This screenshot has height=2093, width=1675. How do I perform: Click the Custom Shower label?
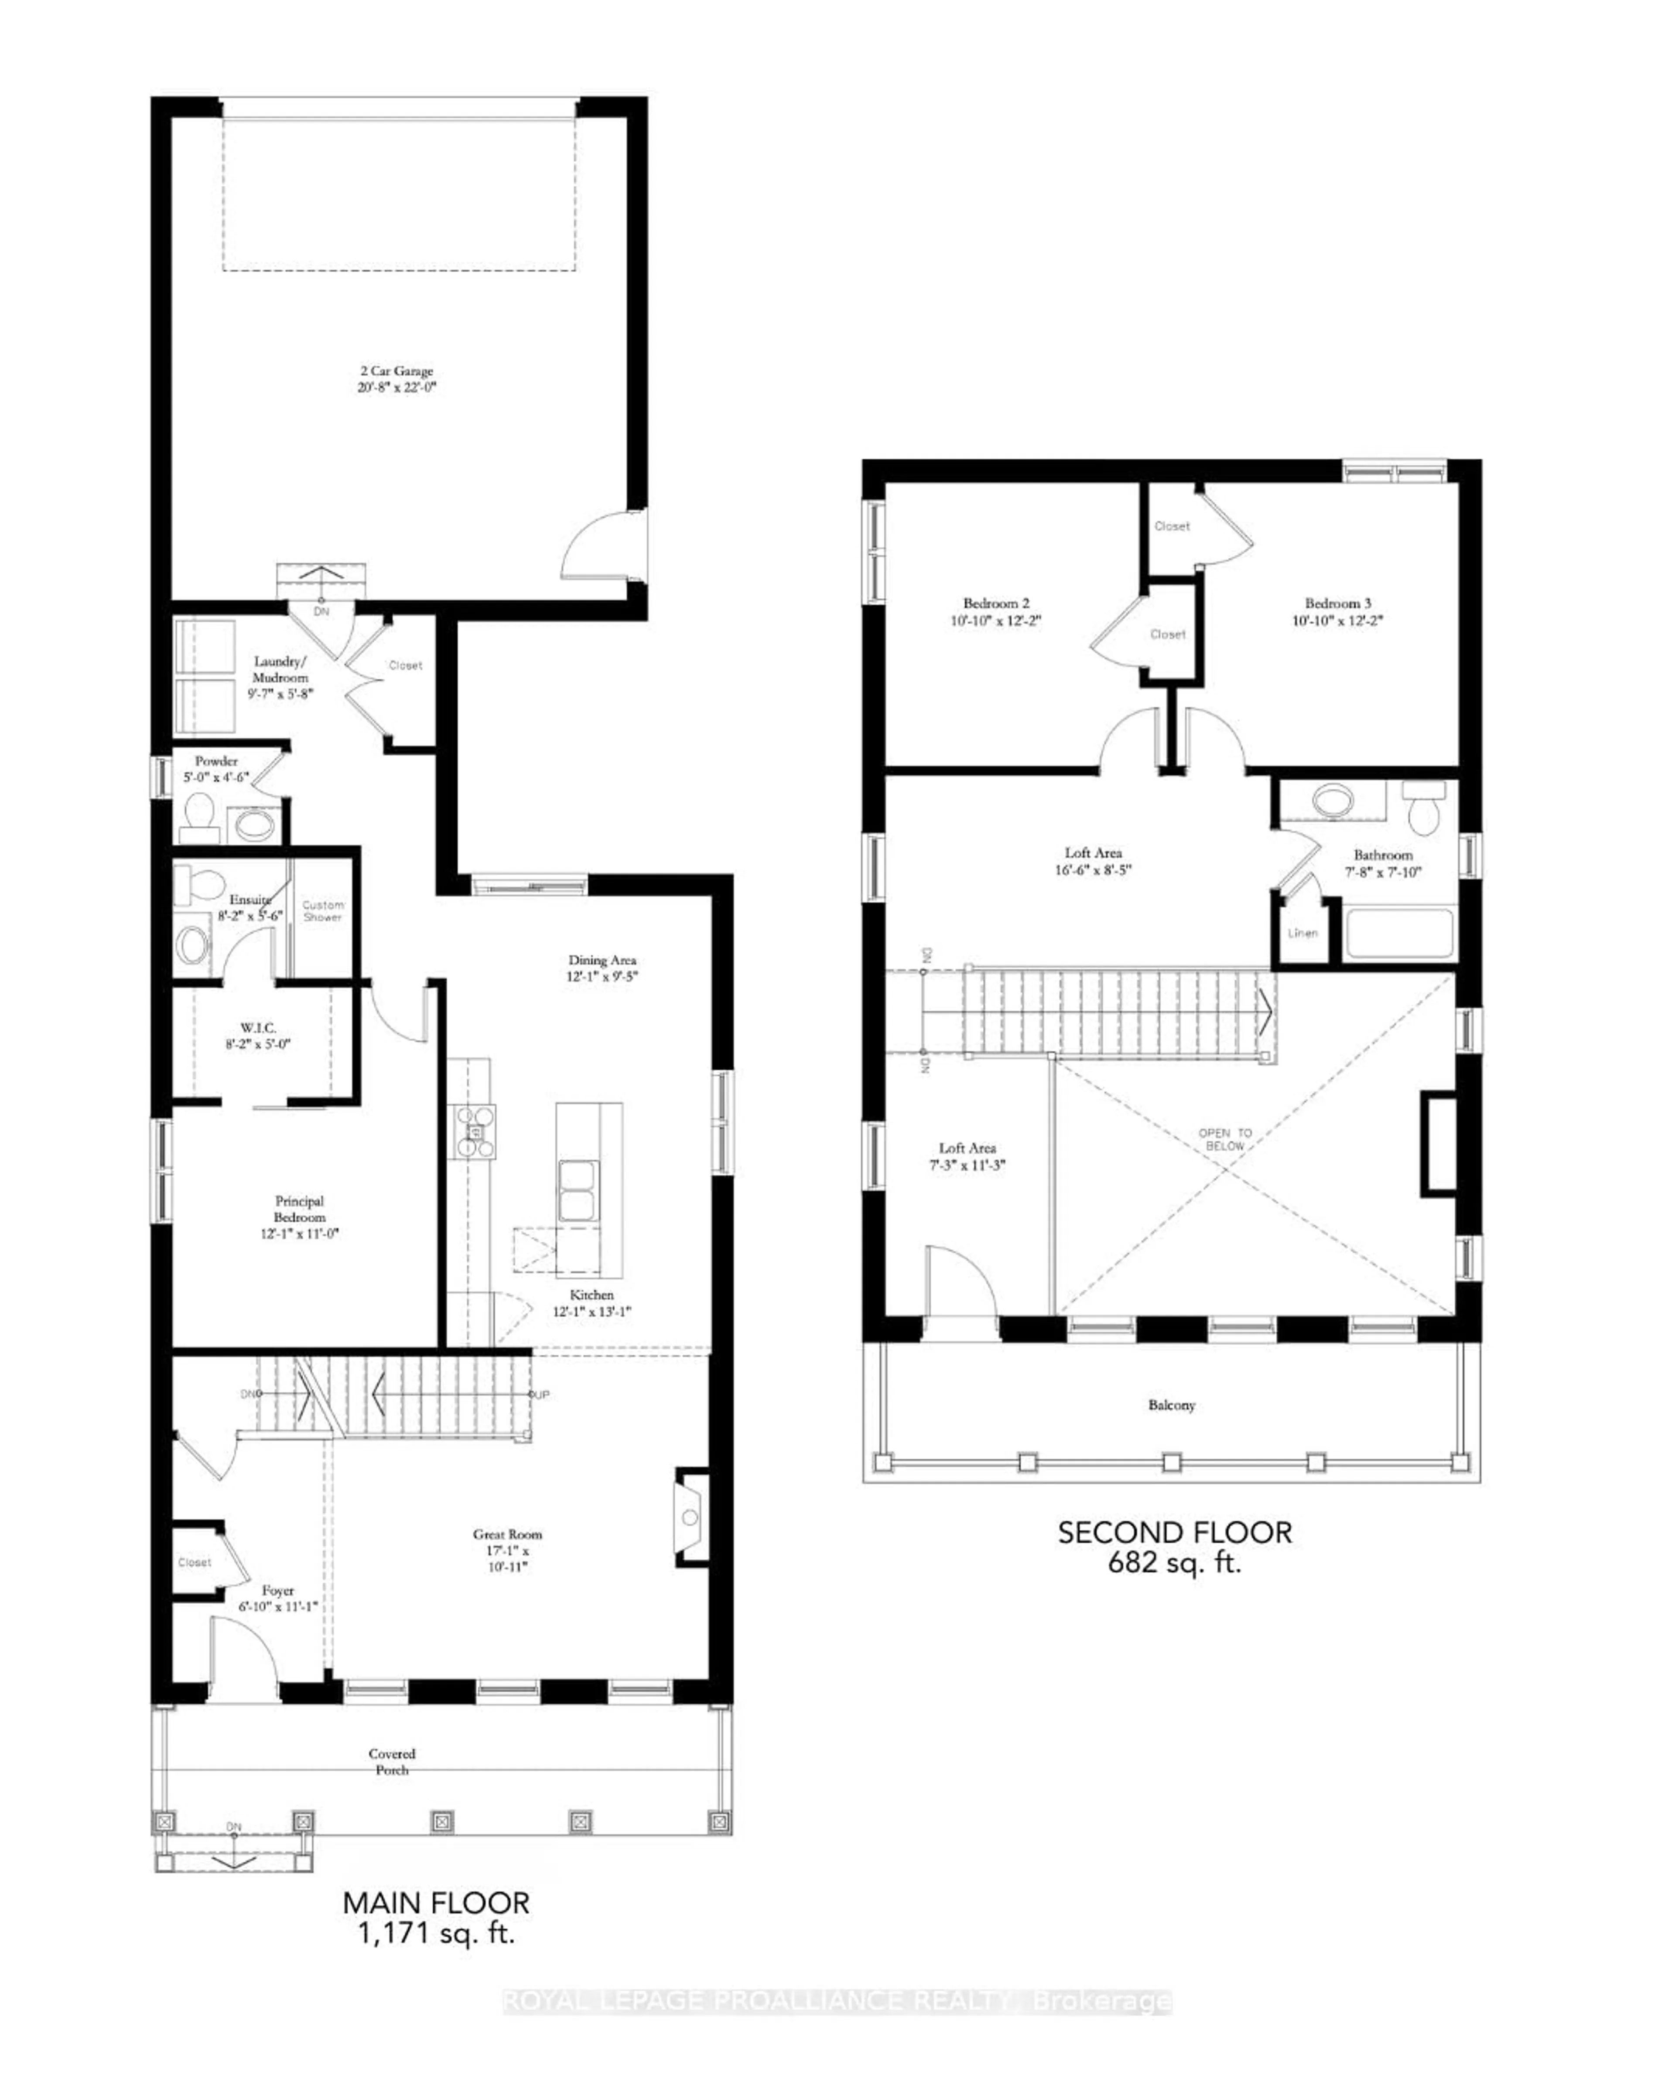pyautogui.click(x=322, y=910)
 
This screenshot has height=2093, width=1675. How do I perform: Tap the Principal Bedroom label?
pyautogui.click(x=299, y=1209)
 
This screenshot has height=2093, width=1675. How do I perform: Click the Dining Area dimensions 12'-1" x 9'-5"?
pyautogui.click(x=602, y=977)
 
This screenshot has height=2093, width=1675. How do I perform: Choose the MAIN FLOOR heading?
pyautogui.click(x=436, y=1903)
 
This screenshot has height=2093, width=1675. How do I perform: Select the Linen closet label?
pyautogui.click(x=1302, y=933)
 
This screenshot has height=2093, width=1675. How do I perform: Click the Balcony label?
pyautogui.click(x=1171, y=1405)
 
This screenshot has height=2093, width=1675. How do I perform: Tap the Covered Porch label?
pyautogui.click(x=392, y=1761)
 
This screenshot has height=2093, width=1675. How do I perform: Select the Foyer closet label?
pyautogui.click(x=194, y=1562)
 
